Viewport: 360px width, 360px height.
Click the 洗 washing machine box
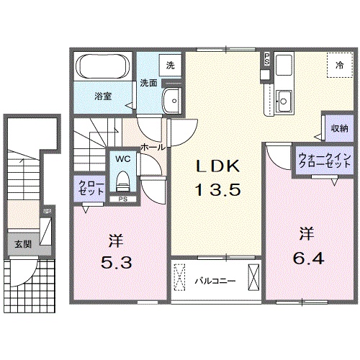(x=170, y=65)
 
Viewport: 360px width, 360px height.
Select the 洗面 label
(x=148, y=81)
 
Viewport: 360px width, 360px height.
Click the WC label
(x=121, y=158)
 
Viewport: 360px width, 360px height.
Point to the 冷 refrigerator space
(x=338, y=66)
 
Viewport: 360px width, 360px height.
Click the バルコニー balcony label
(x=214, y=279)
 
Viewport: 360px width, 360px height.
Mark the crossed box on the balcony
(x=253, y=278)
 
